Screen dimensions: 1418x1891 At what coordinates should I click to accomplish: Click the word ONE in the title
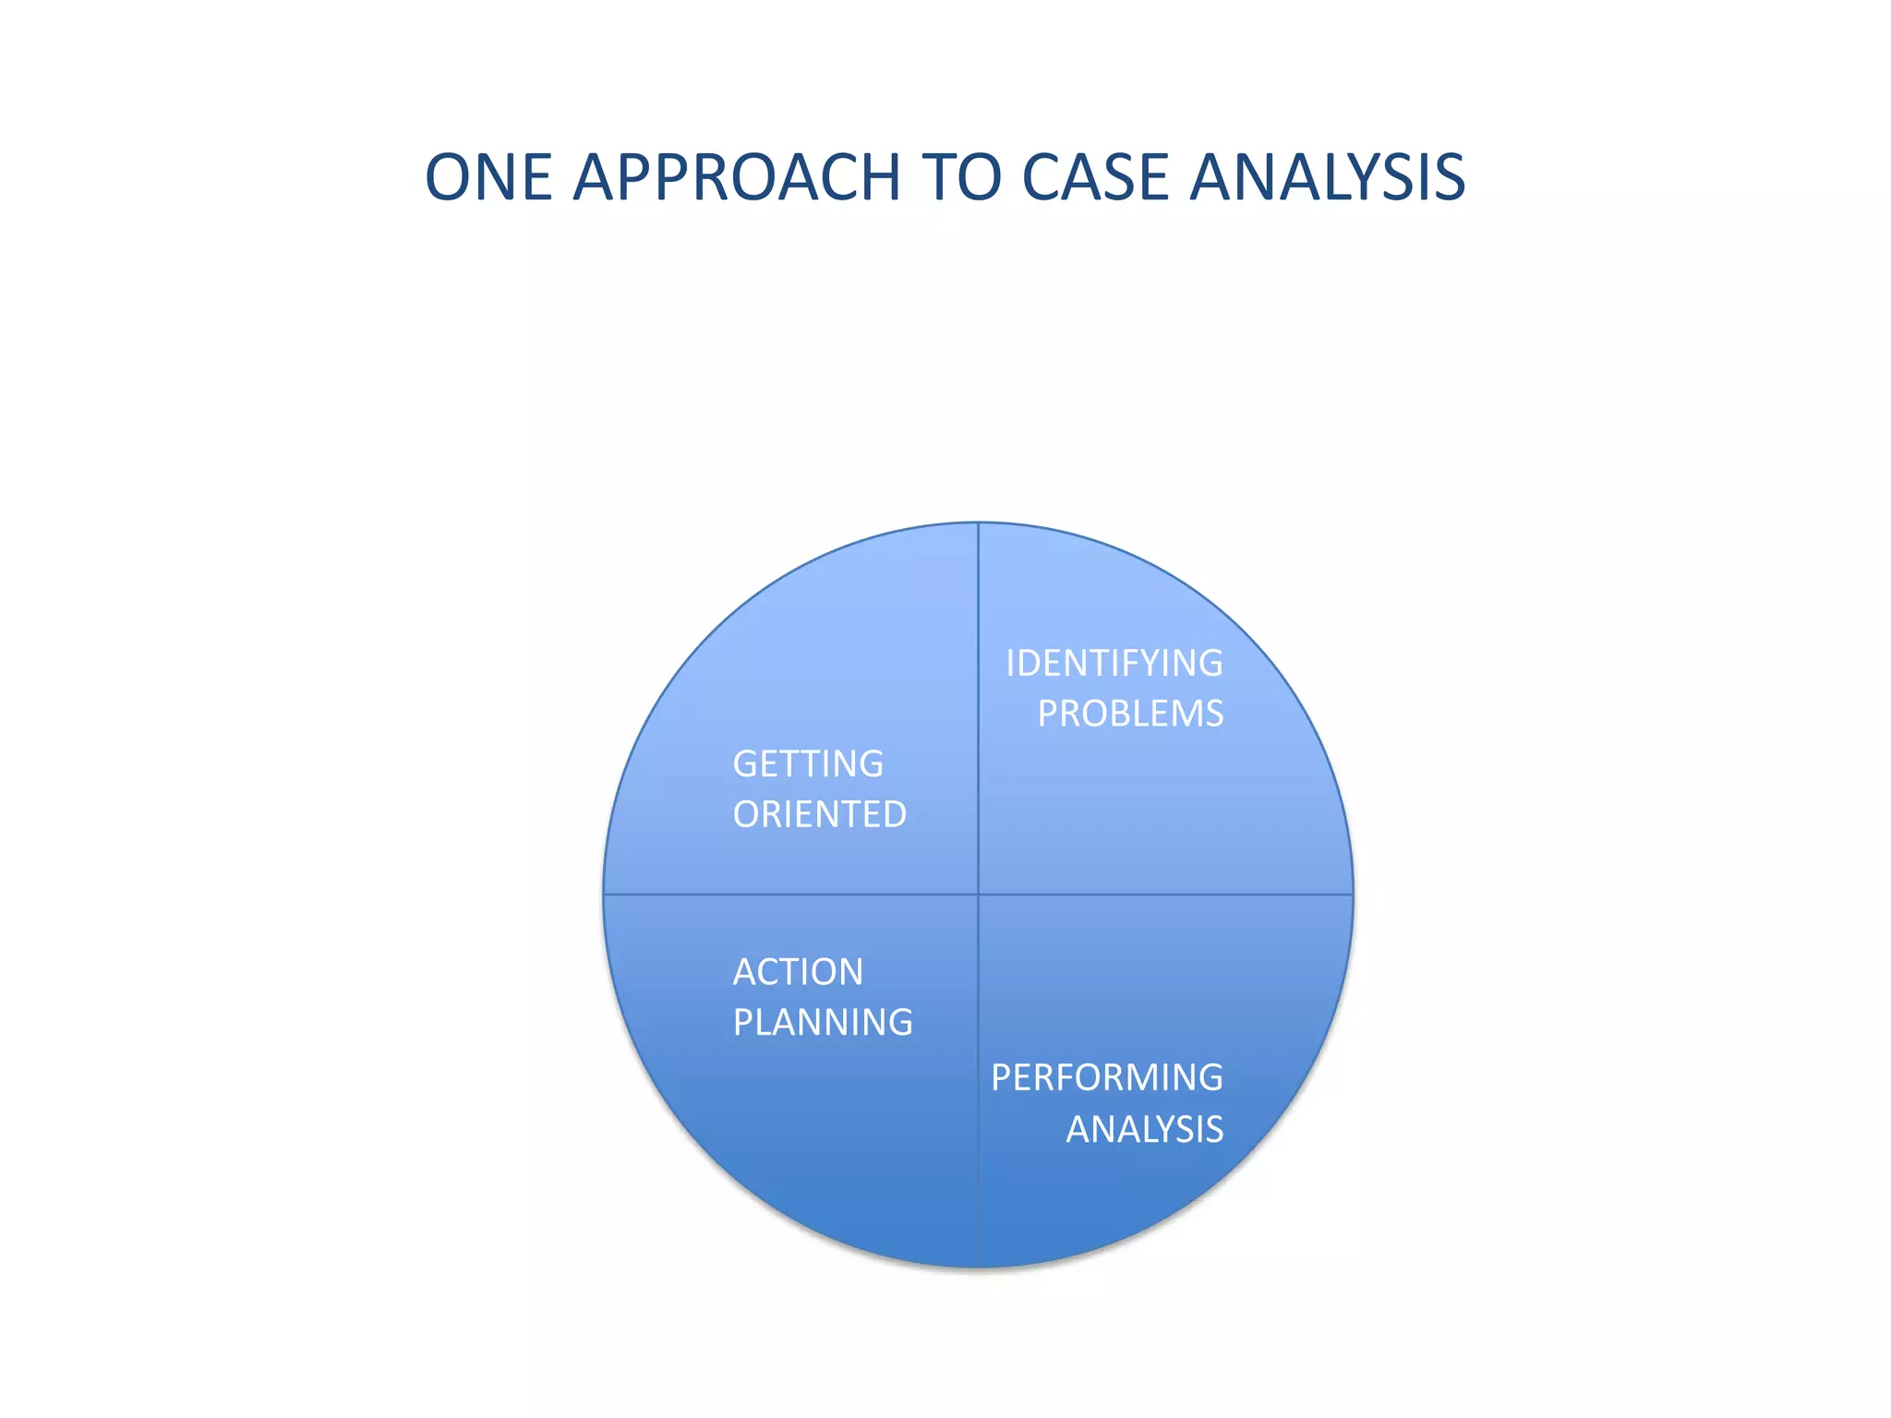click(488, 177)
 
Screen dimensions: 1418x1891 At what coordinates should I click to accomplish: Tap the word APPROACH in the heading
click(737, 177)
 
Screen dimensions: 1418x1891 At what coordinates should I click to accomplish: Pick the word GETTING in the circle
click(808, 764)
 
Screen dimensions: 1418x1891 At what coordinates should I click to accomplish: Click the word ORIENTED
click(820, 814)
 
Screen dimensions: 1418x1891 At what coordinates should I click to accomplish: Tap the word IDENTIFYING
click(1114, 664)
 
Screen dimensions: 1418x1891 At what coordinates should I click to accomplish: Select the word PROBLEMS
click(1130, 714)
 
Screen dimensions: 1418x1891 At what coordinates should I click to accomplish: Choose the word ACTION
click(798, 972)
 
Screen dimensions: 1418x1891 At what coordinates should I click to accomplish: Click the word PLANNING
click(823, 1023)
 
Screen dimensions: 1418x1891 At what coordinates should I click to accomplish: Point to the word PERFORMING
click(1107, 1077)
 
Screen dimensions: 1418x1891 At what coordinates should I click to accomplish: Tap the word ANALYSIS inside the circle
click(1145, 1129)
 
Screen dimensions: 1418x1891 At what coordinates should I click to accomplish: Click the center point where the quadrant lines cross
click(979, 895)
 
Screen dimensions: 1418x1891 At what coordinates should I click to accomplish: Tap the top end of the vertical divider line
click(979, 524)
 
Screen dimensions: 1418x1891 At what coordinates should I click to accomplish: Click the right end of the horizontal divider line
click(1352, 895)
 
